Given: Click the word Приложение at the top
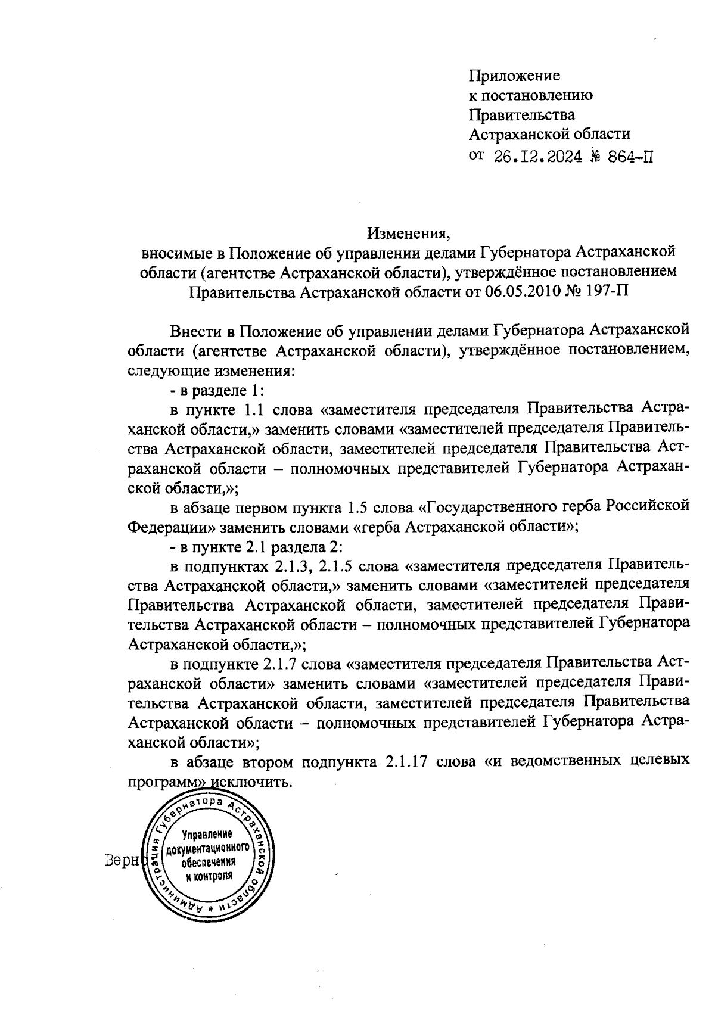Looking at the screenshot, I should tap(515, 76).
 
